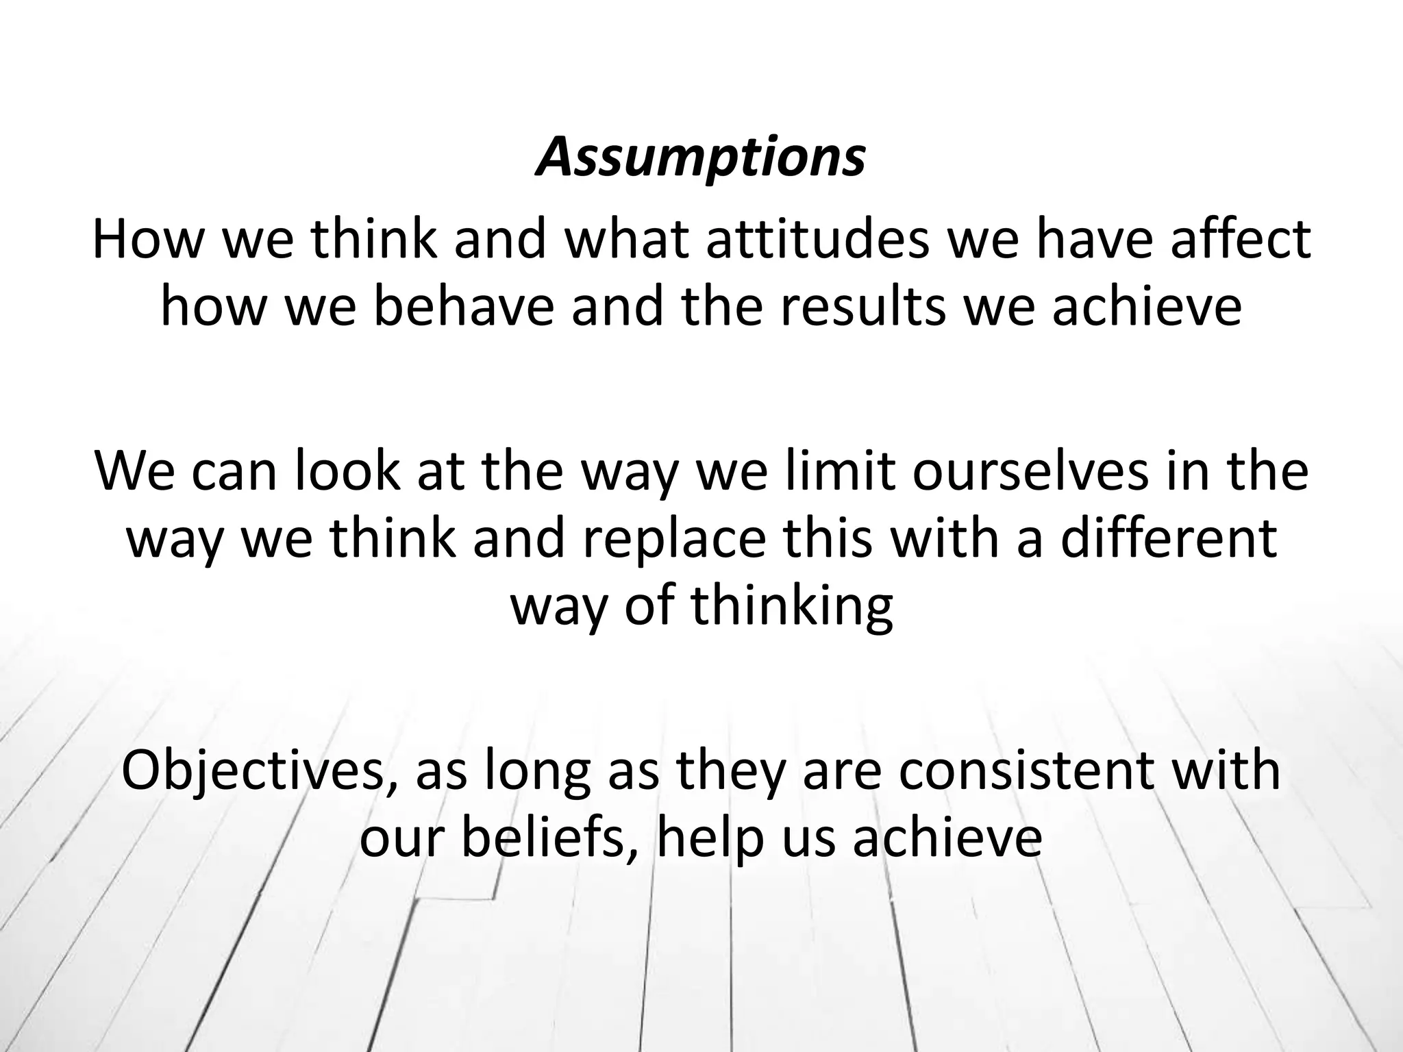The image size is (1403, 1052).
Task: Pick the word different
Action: [1169, 538]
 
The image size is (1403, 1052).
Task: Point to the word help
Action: [710, 839]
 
